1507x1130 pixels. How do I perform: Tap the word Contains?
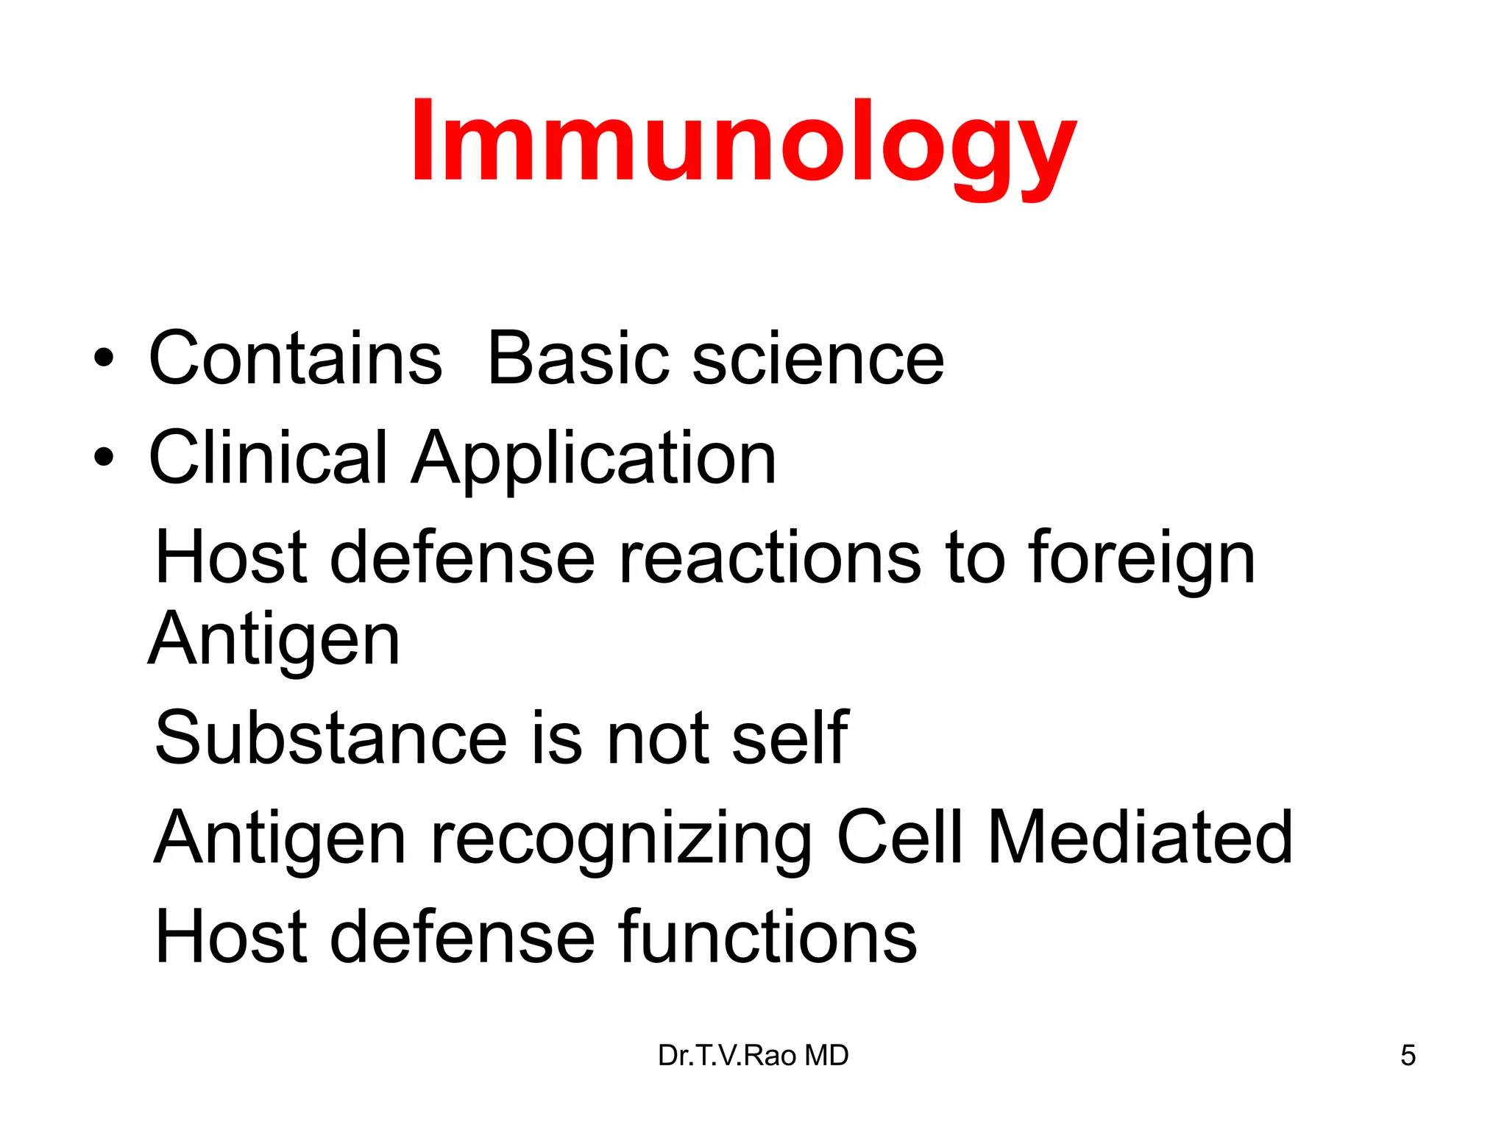(x=295, y=358)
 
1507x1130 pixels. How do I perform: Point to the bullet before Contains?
(x=104, y=358)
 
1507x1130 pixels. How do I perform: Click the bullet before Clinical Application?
(x=104, y=458)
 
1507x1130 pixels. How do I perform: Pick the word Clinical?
(x=268, y=458)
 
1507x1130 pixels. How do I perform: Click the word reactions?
(x=770, y=558)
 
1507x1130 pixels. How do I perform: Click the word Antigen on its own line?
(x=274, y=640)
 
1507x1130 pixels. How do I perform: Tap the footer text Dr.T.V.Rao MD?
(x=753, y=1056)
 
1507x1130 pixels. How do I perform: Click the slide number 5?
(x=1408, y=1056)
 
